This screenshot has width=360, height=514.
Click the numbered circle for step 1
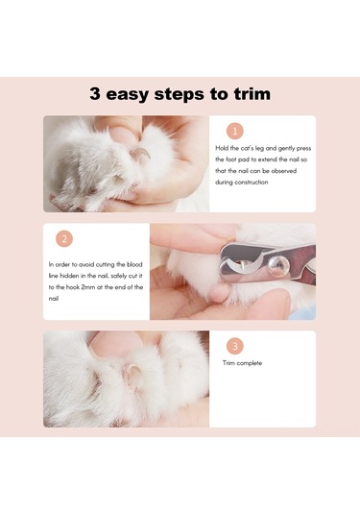tap(234, 132)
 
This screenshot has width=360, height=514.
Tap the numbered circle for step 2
tap(64, 239)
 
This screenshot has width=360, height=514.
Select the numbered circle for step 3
tap(234, 346)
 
